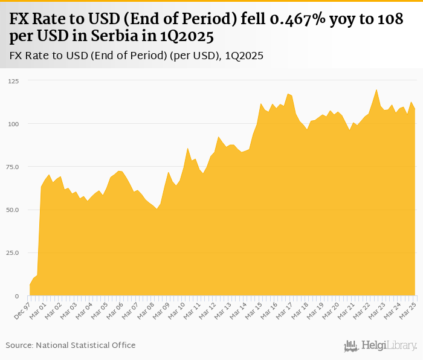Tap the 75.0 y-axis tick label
tap(13, 167)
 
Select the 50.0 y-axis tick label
tap(13, 210)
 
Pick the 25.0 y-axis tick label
tap(13, 253)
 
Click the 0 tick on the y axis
tap(18, 296)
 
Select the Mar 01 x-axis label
tap(39, 309)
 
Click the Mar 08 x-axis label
tap(146, 309)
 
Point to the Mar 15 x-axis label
tap(253, 309)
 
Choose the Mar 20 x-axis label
tap(330, 309)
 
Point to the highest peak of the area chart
tap(376, 90)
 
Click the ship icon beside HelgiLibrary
tap(351, 346)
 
